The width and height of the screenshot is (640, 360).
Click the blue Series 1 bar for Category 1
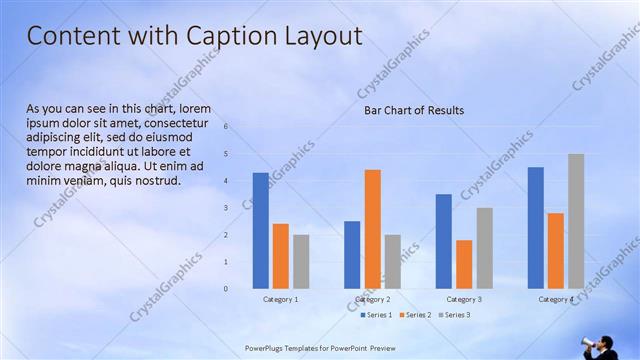click(x=260, y=230)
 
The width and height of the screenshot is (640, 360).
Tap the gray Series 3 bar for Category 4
click(x=576, y=221)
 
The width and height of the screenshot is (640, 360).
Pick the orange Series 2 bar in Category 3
click(x=464, y=264)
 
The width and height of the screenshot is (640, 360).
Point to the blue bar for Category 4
click(x=535, y=227)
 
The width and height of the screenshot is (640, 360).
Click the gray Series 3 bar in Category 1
click(x=301, y=261)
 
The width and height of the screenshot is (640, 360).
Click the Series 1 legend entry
click(x=375, y=315)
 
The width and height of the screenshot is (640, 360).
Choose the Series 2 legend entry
click(x=417, y=315)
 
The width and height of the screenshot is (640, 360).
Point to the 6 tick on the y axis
click(x=226, y=127)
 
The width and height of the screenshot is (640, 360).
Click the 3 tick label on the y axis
click(x=226, y=208)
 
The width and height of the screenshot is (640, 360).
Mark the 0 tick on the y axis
click(x=226, y=289)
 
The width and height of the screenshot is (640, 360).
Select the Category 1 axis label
click(x=280, y=299)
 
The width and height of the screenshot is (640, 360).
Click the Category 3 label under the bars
click(x=464, y=299)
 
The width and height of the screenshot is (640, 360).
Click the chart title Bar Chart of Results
click(x=413, y=110)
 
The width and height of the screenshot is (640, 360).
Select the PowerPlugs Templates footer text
click(x=320, y=348)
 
